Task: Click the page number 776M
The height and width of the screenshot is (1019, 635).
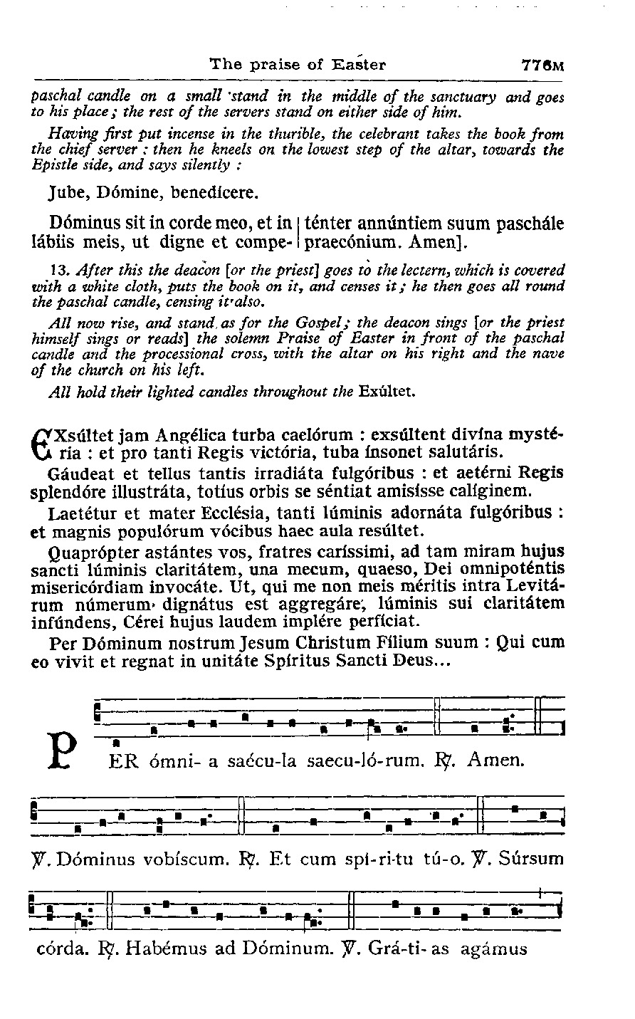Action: coord(542,66)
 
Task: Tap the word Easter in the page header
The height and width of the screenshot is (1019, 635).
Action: coord(359,65)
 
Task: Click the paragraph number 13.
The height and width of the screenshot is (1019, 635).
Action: coord(60,270)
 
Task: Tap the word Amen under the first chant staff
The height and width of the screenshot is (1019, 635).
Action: coord(496,761)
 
